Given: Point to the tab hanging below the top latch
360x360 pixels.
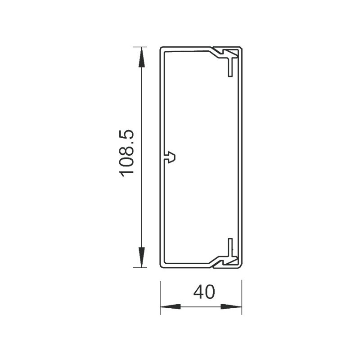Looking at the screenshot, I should [230, 67].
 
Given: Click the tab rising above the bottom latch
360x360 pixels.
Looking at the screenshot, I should [230, 247].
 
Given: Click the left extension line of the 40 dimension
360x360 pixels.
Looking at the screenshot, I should [161, 297].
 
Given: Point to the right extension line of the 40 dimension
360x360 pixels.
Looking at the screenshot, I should [242, 297].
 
